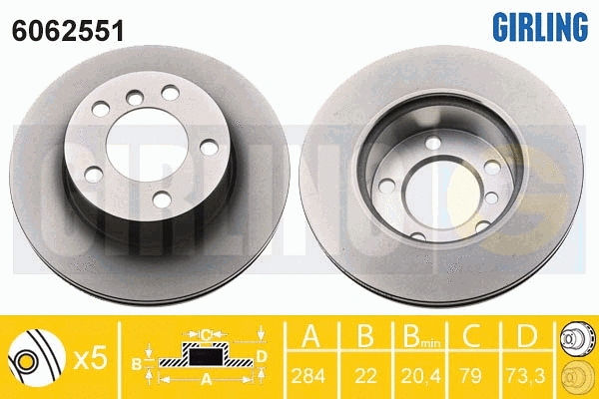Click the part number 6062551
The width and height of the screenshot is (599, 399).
pos(68,31)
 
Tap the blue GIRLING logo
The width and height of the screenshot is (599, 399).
pos(540,26)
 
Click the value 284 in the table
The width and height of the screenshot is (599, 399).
pos(308,376)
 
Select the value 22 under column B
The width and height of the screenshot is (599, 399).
pos(365,376)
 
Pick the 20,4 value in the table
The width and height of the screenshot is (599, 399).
pos(420,376)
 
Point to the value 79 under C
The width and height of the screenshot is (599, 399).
pos(471,376)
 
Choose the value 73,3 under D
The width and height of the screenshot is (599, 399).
pos(526,376)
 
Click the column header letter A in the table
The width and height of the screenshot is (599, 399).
pos(310,335)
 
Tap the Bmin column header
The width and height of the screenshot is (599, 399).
pos(421,336)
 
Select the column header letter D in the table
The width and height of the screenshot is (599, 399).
pos(527,335)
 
